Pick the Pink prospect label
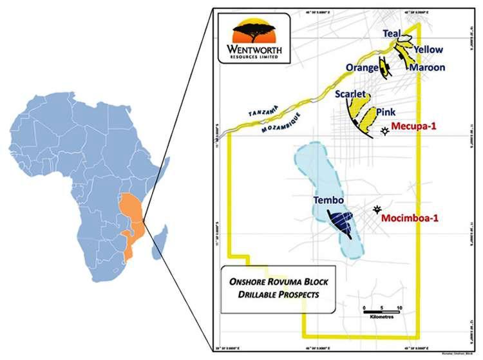389,111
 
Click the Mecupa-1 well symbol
385,131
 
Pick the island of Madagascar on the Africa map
158,240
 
